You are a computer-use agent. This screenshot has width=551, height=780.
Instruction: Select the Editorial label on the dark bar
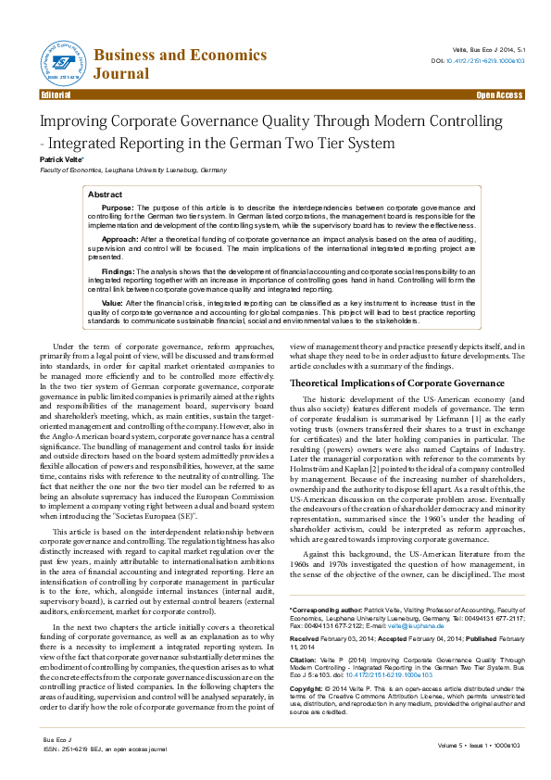(x=57, y=95)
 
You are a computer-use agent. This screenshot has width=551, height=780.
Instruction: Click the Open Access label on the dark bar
(x=498, y=95)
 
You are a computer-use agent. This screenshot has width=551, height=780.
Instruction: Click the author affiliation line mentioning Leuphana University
(x=131, y=170)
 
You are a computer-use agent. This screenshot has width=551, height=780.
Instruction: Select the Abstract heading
(x=105, y=195)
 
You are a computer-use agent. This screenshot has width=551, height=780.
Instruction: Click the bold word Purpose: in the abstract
(x=118, y=209)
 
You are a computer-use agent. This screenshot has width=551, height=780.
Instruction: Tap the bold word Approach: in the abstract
(x=120, y=239)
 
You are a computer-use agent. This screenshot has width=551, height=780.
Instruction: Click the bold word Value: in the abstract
(x=112, y=303)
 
